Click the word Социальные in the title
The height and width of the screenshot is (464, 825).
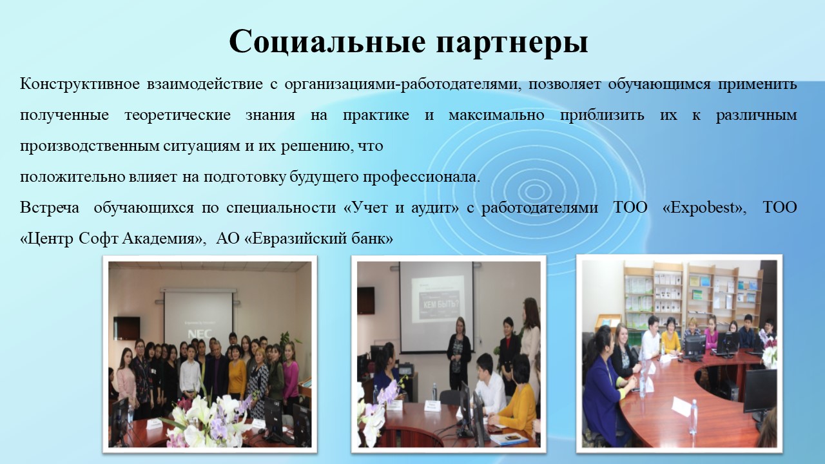click(327, 42)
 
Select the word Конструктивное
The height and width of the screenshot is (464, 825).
click(80, 84)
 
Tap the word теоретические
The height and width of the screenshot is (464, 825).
click(177, 115)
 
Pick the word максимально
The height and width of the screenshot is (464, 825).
click(496, 115)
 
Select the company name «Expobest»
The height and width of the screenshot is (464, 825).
click(704, 208)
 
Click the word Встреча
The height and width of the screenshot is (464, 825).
click(50, 208)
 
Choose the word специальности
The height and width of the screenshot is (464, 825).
click(281, 208)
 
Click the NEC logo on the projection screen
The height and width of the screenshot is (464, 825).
click(200, 334)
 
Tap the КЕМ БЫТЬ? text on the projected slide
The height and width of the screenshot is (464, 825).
click(442, 305)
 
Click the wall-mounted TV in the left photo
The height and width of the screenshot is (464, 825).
click(126, 329)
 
